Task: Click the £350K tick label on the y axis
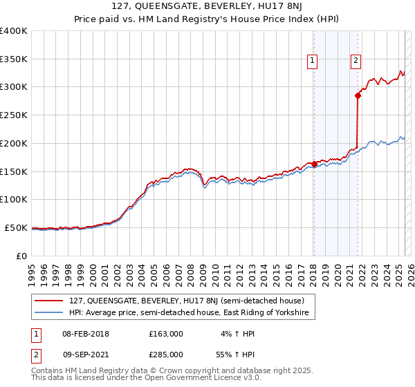(x=14, y=59)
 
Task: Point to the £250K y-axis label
(x=14, y=115)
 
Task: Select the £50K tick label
(x=16, y=227)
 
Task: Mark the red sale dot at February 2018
(x=314, y=164)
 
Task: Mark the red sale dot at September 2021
(x=358, y=96)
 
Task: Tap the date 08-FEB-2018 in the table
(x=85, y=334)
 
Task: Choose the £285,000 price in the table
(x=165, y=354)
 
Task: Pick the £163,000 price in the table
(x=165, y=334)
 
